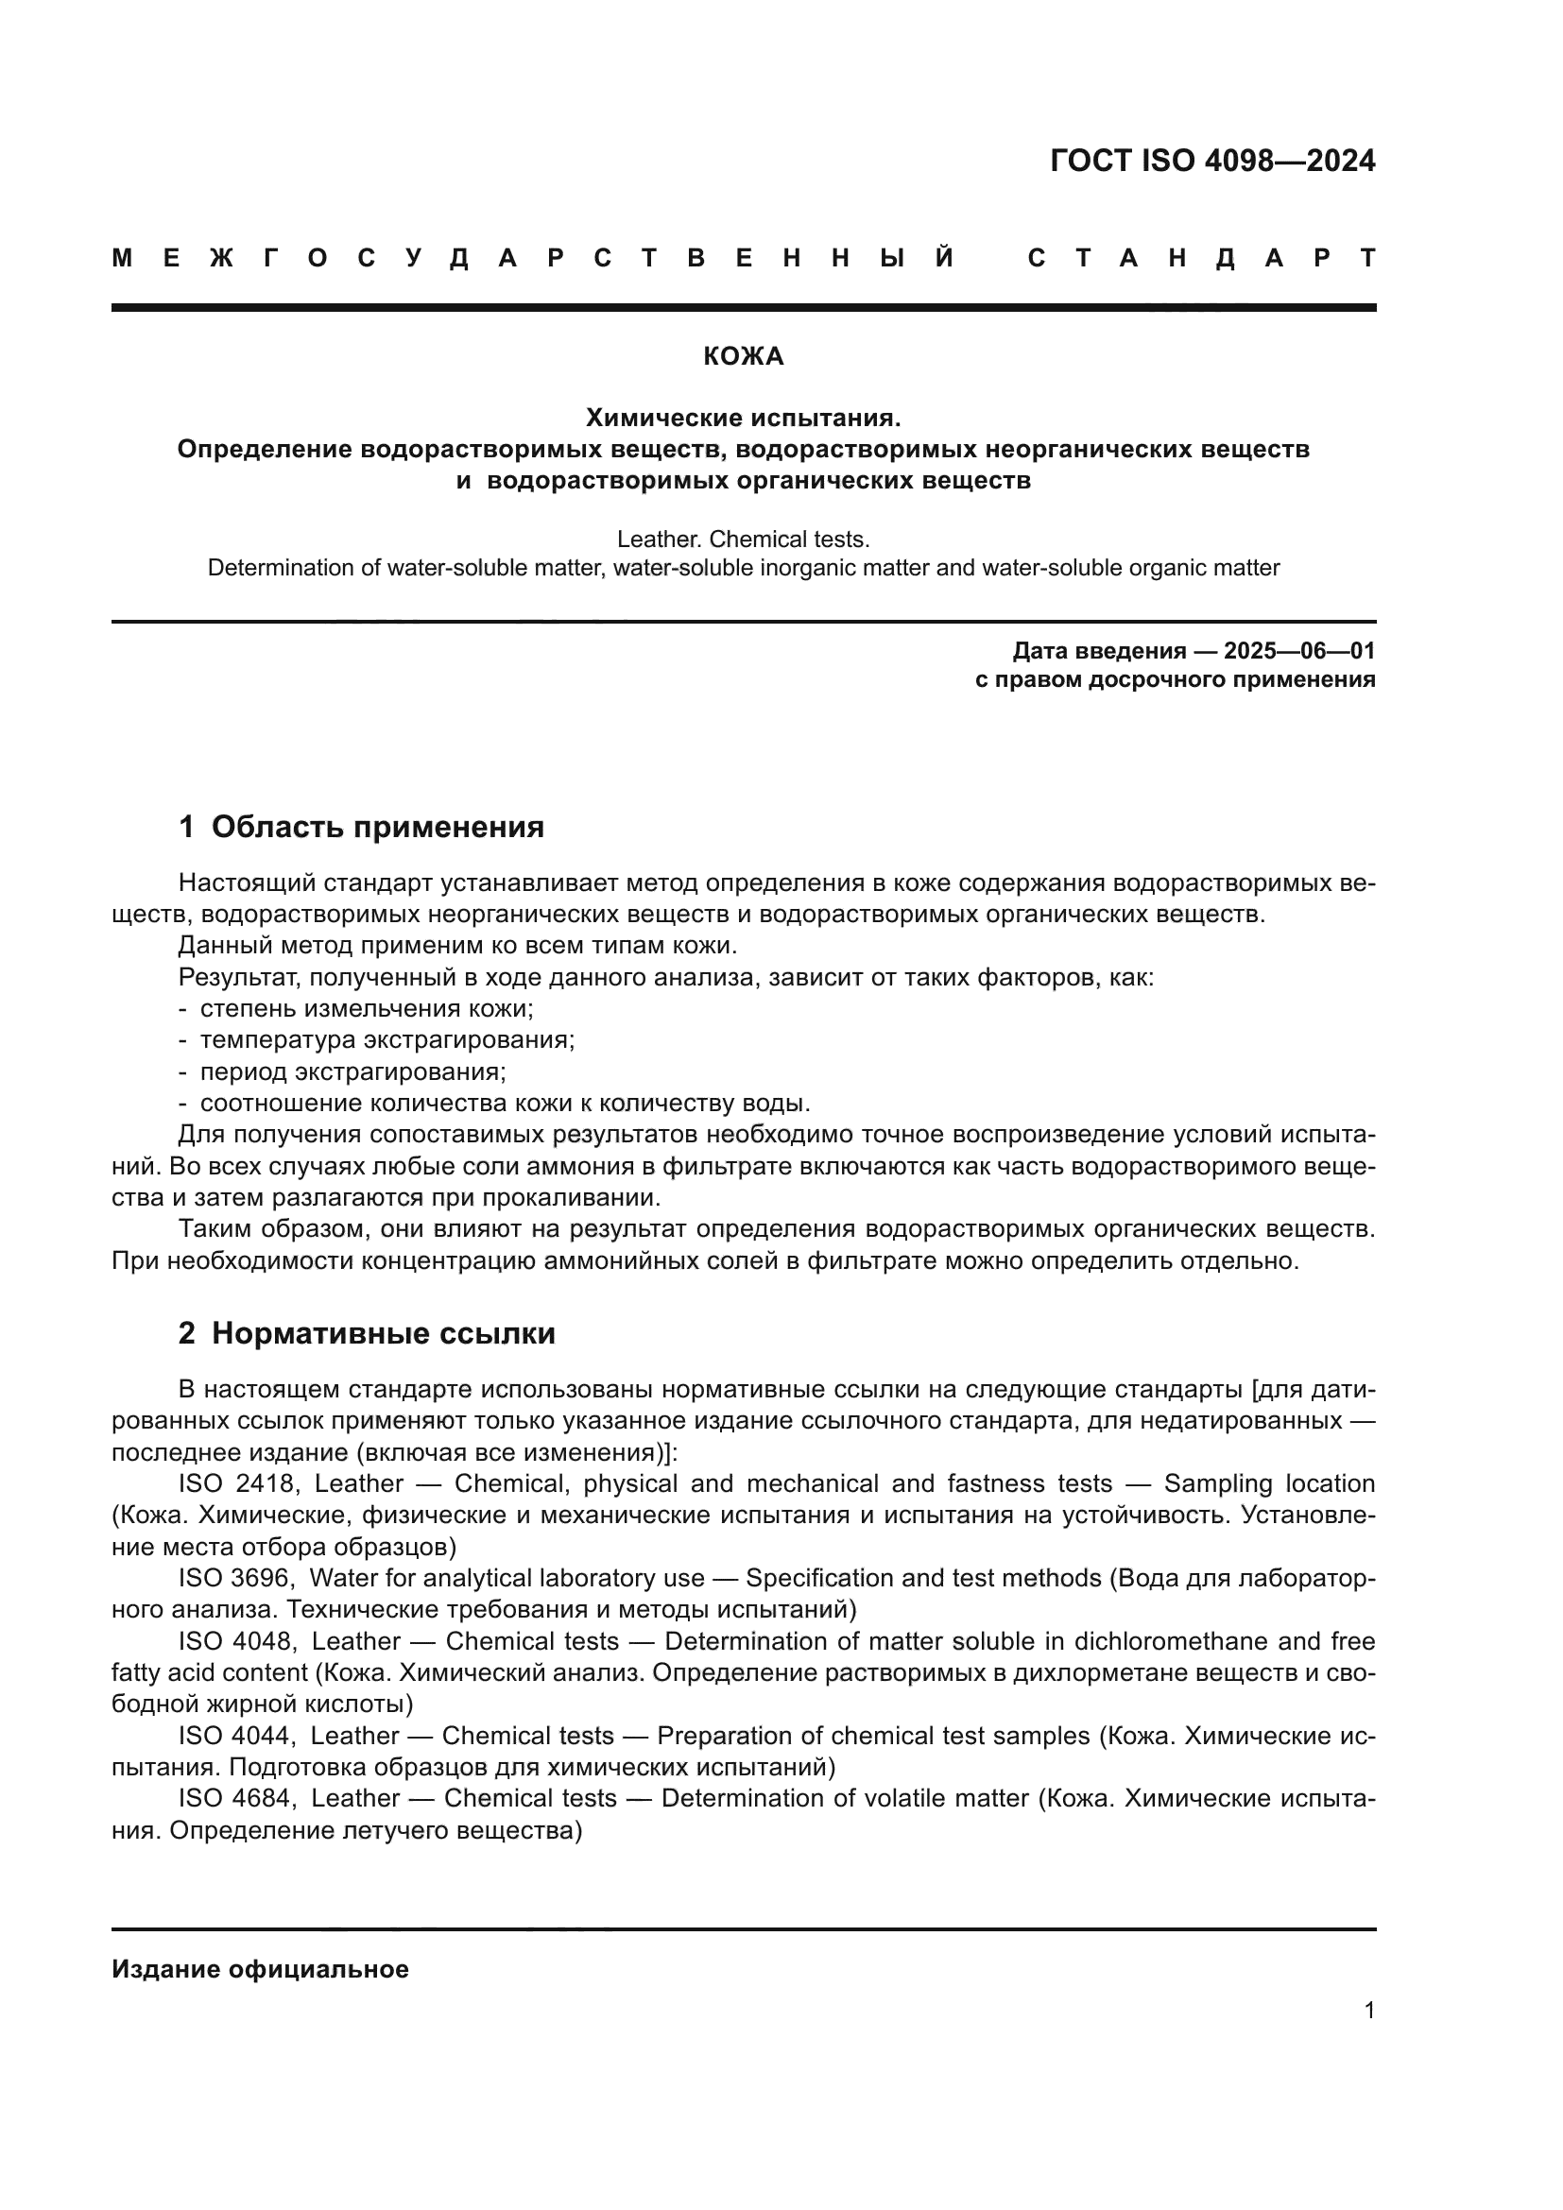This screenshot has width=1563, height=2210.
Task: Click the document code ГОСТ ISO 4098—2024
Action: [1211, 160]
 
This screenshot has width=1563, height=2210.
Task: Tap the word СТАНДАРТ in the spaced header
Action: [1201, 258]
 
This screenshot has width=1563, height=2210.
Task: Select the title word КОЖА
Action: [743, 356]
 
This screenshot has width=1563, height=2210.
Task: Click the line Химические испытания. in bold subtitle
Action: [743, 418]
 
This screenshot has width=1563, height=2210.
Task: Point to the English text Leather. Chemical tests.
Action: [743, 539]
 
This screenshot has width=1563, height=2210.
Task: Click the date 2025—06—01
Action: [1299, 651]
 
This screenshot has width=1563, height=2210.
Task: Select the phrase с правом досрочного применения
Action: [1175, 679]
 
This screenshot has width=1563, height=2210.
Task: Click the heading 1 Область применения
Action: [362, 827]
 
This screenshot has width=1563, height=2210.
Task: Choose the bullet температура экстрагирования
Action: [386, 1039]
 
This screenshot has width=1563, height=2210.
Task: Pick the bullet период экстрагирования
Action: [352, 1071]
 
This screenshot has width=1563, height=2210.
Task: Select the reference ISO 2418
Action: [239, 1484]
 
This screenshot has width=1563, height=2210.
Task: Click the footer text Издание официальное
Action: [260, 1969]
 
